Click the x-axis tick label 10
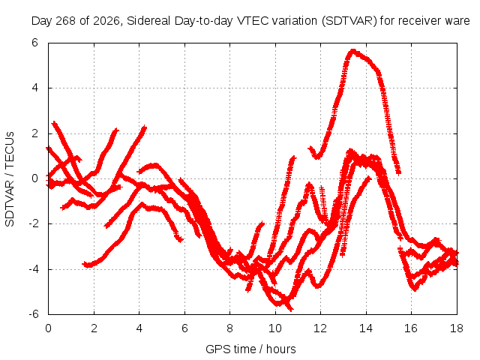pos(275,328)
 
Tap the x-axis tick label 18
pos(456,328)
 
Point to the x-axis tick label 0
pos(48,328)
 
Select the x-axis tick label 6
pos(184,328)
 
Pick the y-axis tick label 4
pos(35,88)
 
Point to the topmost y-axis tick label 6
pos(35,43)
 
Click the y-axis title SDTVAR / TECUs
pos(10,179)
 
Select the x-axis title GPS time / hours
pos(250,349)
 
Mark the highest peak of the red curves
pos(353,50)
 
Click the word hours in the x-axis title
pos(280,349)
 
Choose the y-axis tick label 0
pos(35,178)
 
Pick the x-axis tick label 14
pos(365,328)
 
